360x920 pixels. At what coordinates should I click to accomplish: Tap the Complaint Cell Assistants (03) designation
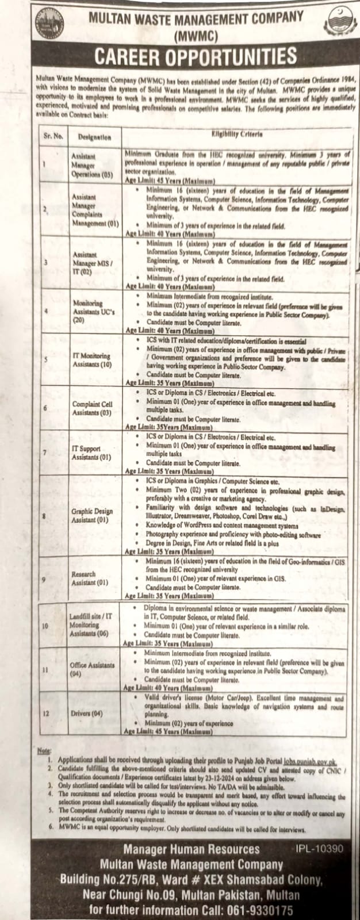pyautogui.click(x=92, y=408)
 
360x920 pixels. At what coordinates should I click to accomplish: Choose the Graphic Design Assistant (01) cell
pyautogui.click(x=90, y=515)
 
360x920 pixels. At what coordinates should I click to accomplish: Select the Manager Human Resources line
pyautogui.click(x=192, y=849)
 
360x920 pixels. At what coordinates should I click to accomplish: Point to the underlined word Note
pyautogui.click(x=44, y=751)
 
